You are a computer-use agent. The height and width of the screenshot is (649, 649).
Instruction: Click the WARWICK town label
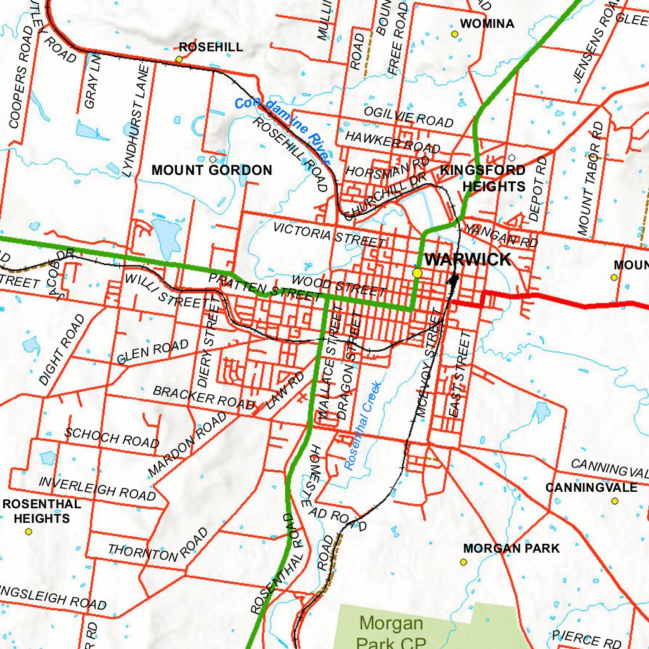coord(467,259)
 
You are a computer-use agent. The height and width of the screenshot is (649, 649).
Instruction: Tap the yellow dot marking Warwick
coord(417,273)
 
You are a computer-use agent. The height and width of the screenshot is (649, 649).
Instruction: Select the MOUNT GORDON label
coord(212,170)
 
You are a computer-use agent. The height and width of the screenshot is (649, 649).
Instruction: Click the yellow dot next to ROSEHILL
coord(179,59)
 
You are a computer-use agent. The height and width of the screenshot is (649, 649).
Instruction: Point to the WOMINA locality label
coord(487,24)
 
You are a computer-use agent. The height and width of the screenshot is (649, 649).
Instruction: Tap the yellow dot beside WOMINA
coord(454,34)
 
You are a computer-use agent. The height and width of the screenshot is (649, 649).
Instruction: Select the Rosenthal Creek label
coord(362,425)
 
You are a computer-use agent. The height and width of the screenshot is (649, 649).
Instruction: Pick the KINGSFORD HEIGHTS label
coord(483,178)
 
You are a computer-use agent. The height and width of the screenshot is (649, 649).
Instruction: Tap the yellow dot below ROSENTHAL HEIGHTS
coord(28,531)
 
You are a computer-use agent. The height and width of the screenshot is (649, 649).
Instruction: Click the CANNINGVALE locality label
coord(591,487)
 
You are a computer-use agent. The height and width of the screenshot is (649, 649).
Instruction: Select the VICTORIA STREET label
coord(329,235)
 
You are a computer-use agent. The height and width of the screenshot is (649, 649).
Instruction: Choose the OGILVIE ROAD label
coord(408,117)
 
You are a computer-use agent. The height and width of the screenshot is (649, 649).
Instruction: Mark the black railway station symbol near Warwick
coord(454,279)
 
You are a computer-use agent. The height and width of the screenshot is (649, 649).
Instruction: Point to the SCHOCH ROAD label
coord(112,437)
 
